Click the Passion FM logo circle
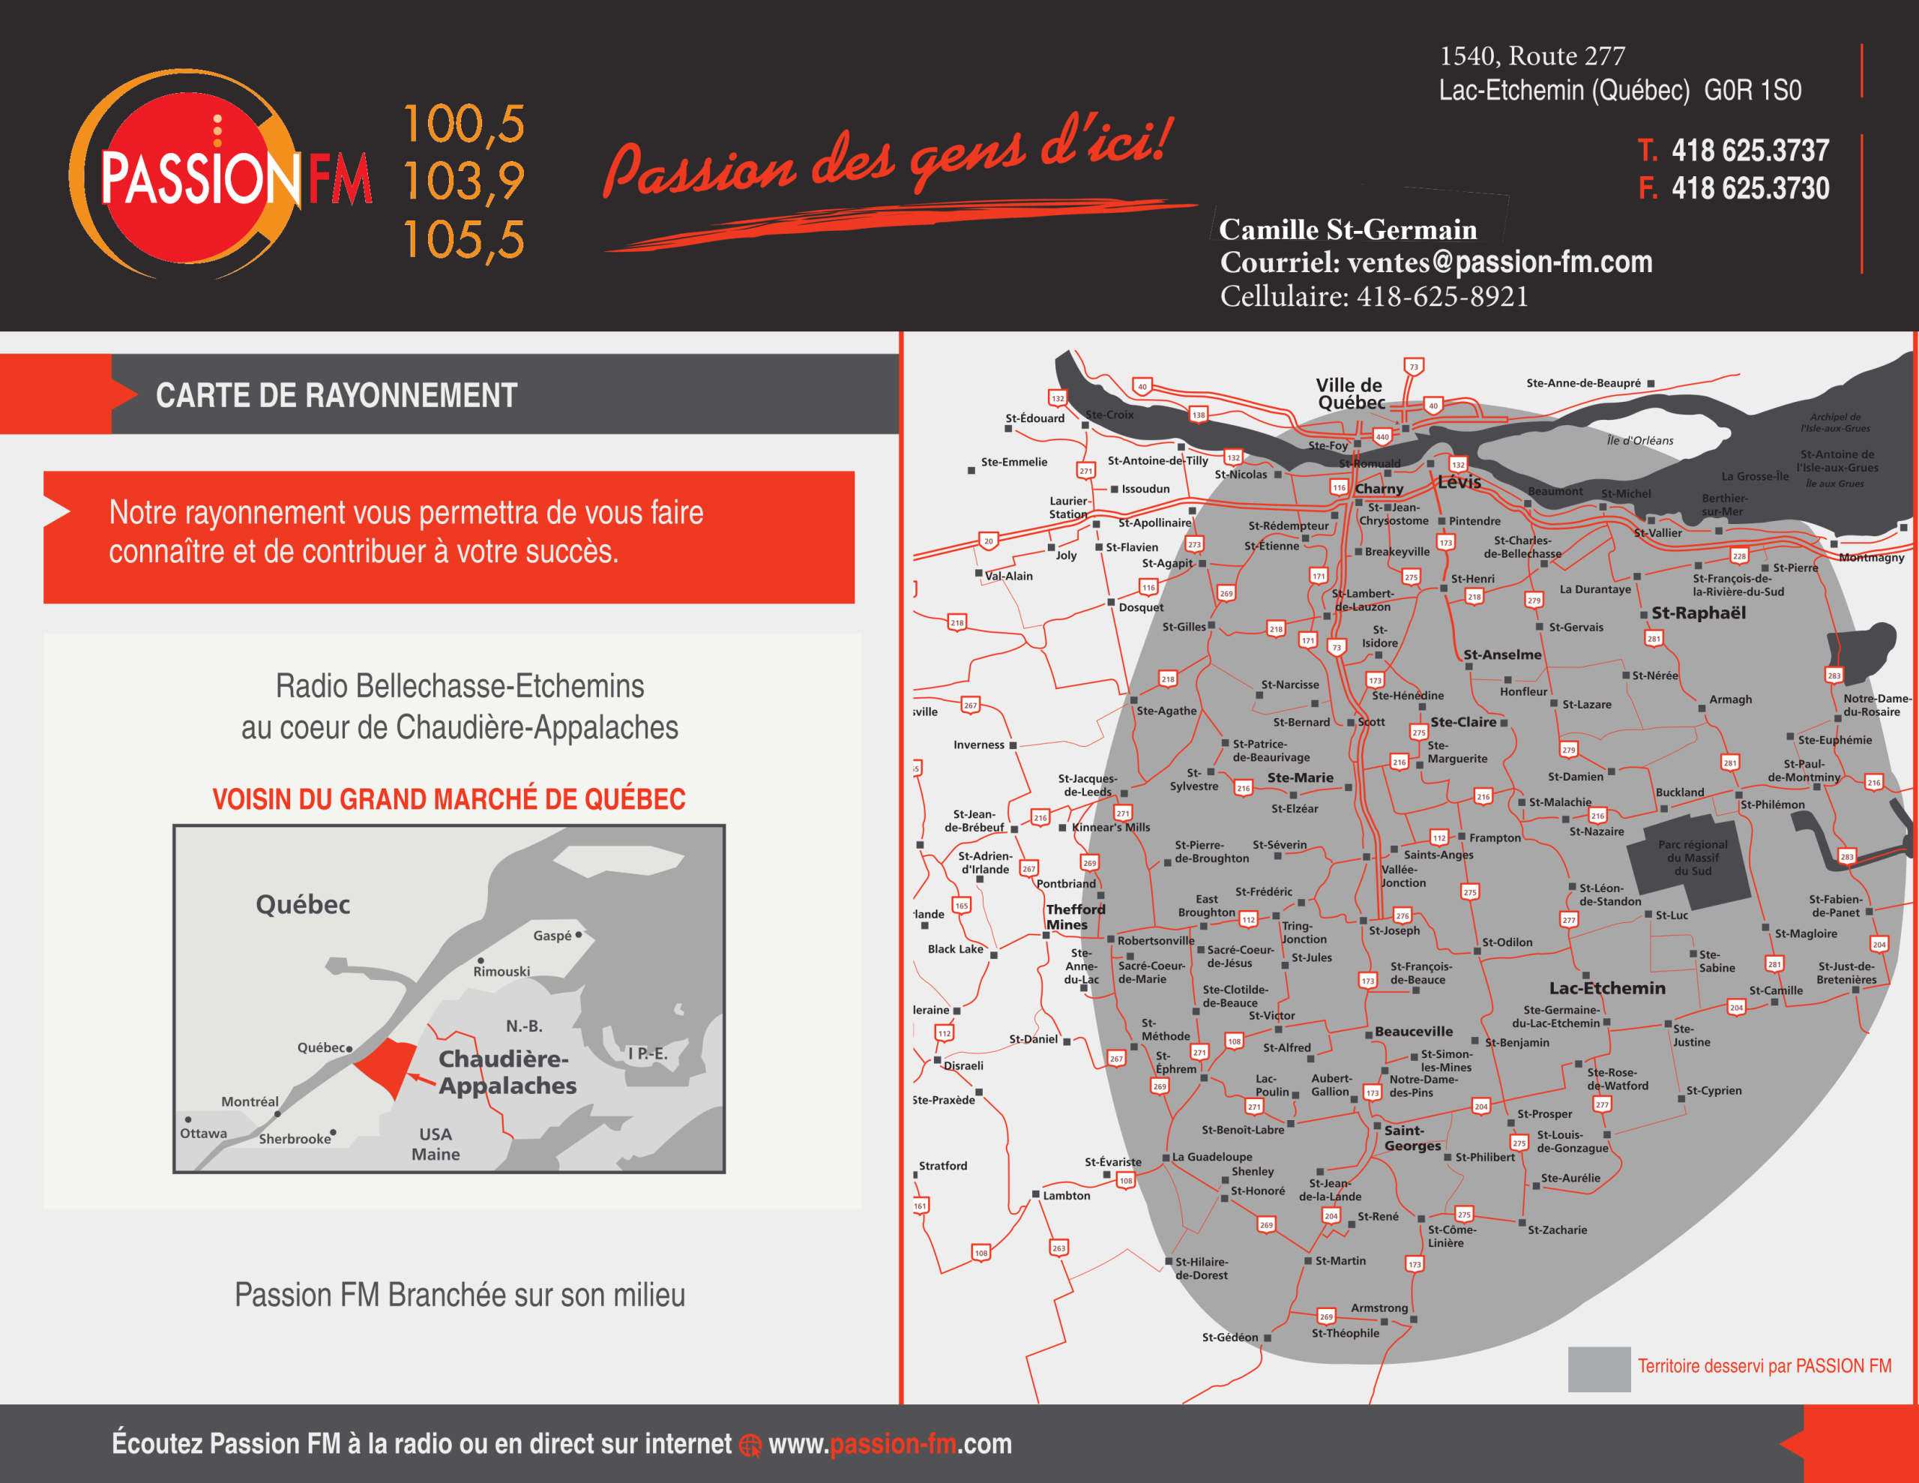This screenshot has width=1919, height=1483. (x=198, y=175)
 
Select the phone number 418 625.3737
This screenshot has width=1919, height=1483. (x=1750, y=150)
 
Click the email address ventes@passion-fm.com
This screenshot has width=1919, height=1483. (x=1499, y=262)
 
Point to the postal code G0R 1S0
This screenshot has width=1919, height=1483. (x=1752, y=91)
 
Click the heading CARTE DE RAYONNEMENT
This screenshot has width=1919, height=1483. (x=337, y=396)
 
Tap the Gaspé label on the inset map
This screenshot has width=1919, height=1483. (x=552, y=936)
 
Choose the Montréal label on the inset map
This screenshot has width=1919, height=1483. (x=250, y=1101)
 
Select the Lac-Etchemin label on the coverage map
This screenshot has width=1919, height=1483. (x=1606, y=988)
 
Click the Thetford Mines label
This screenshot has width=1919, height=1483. (x=1075, y=917)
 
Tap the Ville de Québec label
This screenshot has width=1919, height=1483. (x=1349, y=394)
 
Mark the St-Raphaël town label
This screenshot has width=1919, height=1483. (x=1698, y=613)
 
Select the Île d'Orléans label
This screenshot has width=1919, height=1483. (x=1639, y=440)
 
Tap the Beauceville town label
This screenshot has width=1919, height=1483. (x=1413, y=1031)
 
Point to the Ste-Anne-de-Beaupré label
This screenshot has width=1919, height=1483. (x=1582, y=383)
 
